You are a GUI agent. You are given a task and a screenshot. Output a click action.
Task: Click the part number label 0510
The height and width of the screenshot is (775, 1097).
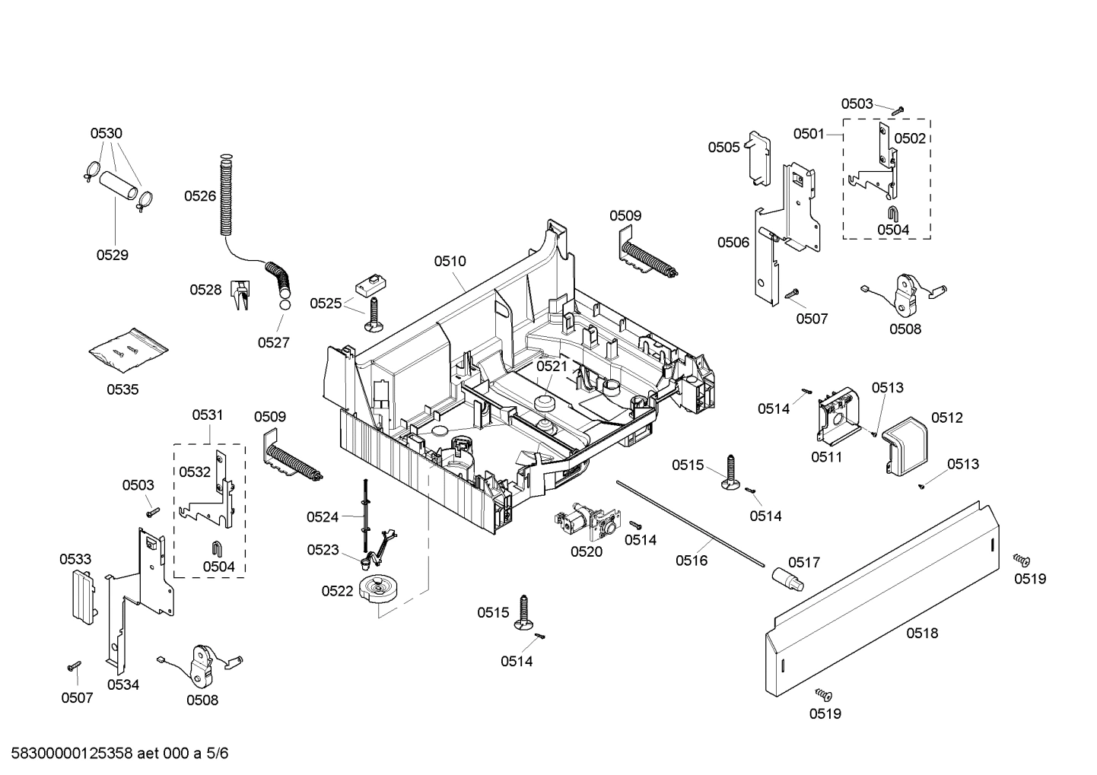tap(450, 261)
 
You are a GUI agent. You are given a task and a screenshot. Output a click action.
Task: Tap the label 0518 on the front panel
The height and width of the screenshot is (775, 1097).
tap(922, 632)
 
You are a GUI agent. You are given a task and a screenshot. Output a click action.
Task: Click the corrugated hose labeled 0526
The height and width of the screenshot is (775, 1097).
tap(224, 195)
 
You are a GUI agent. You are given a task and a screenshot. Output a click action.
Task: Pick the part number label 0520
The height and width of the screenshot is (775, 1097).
tap(587, 551)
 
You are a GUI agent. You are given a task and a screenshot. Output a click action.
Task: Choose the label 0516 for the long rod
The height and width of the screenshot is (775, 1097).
tap(691, 561)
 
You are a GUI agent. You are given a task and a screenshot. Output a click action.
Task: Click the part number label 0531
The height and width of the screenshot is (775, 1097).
tap(207, 414)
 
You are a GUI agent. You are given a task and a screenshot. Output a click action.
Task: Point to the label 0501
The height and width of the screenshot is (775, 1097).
tap(809, 134)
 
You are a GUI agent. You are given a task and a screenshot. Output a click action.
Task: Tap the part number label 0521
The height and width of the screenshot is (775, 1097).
tap(552, 366)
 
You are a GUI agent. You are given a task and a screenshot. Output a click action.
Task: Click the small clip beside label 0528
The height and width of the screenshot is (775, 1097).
tap(240, 295)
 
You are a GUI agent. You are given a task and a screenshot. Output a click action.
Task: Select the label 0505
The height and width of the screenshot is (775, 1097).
tap(723, 147)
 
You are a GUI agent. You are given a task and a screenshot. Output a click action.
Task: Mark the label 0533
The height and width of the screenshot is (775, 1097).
tap(75, 559)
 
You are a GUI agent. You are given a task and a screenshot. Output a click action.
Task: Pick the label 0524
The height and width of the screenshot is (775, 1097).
tap(323, 517)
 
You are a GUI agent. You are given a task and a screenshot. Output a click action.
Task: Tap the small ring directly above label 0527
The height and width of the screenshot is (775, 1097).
tap(284, 305)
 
